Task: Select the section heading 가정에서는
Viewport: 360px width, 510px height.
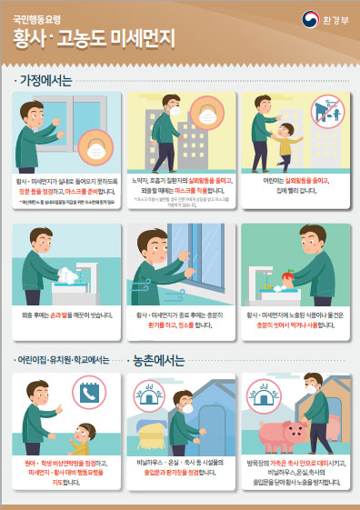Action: pos(45,80)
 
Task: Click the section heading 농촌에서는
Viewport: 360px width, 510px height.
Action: pos(163,359)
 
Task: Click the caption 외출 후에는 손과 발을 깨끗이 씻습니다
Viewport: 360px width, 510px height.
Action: pos(65,315)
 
